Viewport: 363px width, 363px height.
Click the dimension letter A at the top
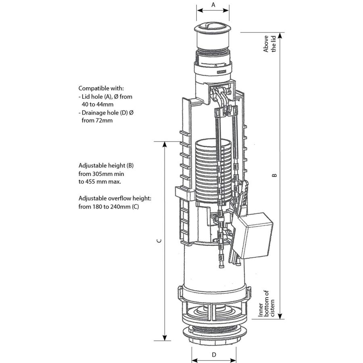(x=213, y=4)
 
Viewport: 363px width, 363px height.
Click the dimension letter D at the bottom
(x=214, y=355)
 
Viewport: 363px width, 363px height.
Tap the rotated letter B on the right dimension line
(x=274, y=175)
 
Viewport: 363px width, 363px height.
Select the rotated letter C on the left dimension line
(x=159, y=241)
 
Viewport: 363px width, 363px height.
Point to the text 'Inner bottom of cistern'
(x=267, y=303)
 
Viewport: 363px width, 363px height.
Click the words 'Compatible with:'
(x=101, y=88)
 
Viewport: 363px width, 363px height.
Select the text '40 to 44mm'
(x=98, y=104)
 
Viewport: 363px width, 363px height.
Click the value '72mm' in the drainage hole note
(x=104, y=120)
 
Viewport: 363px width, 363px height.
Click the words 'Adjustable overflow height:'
(x=115, y=198)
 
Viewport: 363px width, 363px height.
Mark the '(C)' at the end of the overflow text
(x=135, y=207)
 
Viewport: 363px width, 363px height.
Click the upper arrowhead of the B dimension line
(x=280, y=35)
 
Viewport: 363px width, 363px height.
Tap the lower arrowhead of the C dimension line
(x=165, y=338)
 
